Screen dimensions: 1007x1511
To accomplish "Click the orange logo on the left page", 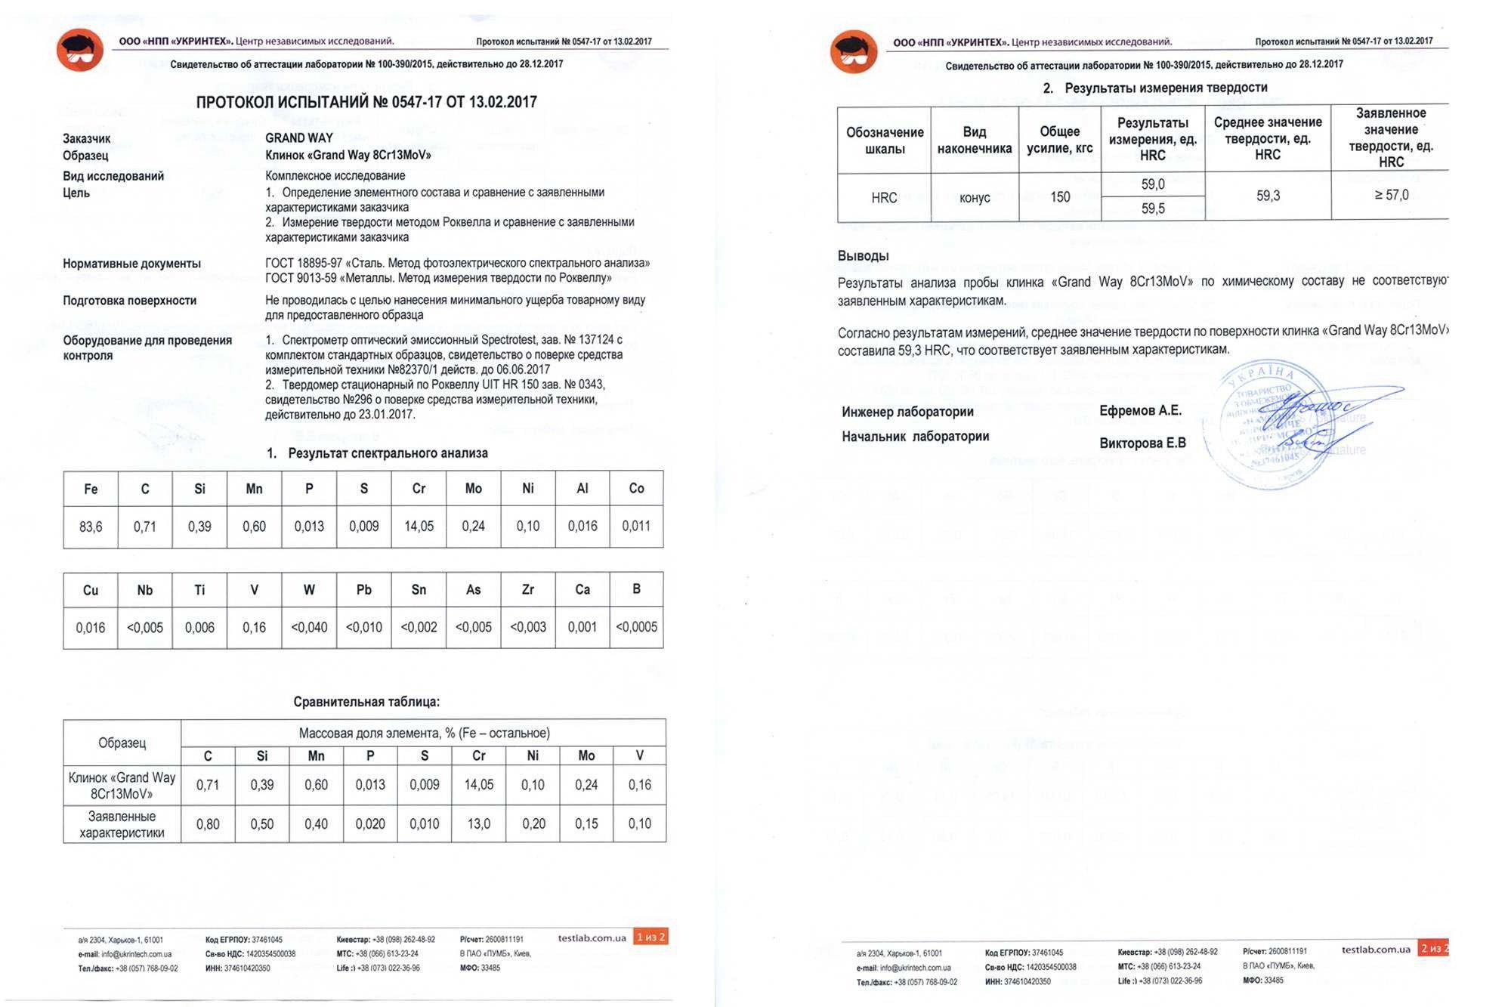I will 80,51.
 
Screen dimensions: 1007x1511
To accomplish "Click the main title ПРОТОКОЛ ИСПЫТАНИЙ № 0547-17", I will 366,102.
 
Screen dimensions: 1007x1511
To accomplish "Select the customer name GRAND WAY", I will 299,138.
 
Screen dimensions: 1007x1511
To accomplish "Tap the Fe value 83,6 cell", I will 91,527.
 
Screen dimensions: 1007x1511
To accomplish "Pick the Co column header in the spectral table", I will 636,489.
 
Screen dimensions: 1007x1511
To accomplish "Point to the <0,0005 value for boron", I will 636,627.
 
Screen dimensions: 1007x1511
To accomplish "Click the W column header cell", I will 309,590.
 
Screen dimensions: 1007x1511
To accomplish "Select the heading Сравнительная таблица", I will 366,702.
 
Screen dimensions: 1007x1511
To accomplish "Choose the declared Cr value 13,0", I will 479,823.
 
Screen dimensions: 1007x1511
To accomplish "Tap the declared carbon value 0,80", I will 208,823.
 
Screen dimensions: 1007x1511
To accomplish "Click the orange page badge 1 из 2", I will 650,937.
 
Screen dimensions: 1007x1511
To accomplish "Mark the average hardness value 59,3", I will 1268,196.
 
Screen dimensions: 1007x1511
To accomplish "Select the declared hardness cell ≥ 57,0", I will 1391,195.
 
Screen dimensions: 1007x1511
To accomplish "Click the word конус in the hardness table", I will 975,198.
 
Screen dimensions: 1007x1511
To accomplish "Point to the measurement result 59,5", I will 1153,209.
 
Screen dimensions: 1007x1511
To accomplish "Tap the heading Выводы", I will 863,256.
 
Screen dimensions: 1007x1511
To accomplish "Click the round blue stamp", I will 1269,423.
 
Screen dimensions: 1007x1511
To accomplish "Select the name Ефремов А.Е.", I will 1140,411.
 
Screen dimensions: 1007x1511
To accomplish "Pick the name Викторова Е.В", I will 1142,443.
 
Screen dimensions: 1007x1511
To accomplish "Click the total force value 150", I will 1060,197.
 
